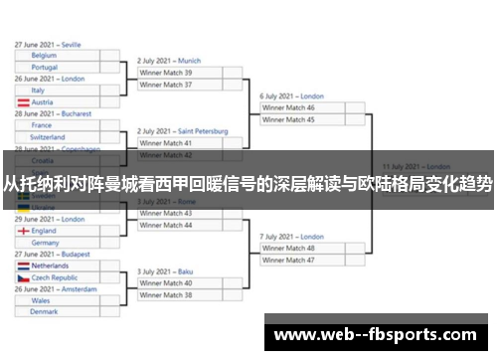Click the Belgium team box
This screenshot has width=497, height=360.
point(58,56)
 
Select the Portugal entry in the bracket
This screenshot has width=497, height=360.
point(58,68)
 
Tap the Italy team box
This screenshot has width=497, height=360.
point(58,90)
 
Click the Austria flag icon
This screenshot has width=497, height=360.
point(22,102)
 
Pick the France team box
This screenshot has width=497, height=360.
point(58,125)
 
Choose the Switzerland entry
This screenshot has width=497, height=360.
point(58,137)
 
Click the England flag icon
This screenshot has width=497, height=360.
point(22,231)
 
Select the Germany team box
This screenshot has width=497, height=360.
point(58,243)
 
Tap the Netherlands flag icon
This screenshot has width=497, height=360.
point(22,267)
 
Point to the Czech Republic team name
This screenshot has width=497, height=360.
point(54,278)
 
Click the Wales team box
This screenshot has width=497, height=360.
point(58,300)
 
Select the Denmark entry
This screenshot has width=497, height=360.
point(58,312)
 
